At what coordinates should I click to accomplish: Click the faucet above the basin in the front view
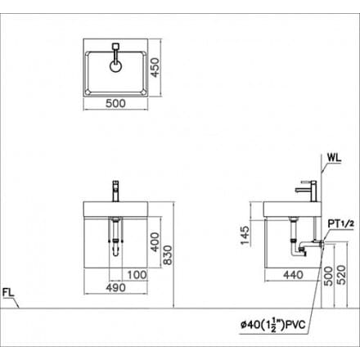[115, 190]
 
